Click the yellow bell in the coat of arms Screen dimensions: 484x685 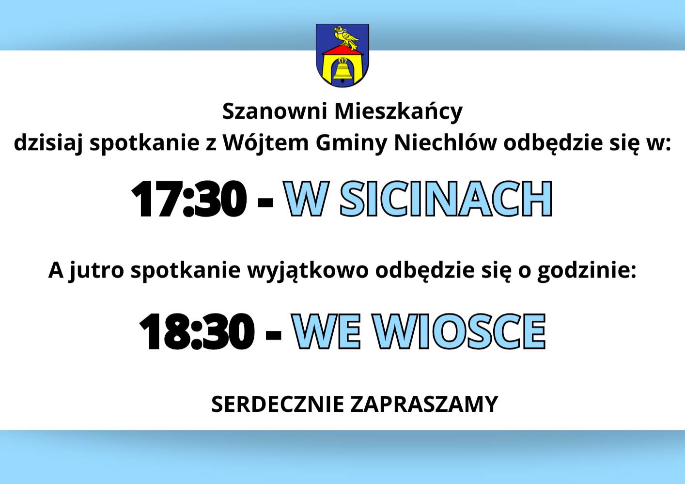342,71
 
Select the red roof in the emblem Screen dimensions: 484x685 342,51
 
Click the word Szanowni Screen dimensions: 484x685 275,111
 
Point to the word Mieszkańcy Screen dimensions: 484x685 398,112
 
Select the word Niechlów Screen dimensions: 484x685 445,142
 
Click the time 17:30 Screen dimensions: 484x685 188,199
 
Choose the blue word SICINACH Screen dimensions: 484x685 446,199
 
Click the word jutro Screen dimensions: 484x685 96,270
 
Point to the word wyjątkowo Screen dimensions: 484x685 308,270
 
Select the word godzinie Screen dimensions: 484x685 586,270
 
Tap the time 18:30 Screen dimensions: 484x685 196,331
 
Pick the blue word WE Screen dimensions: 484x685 327,331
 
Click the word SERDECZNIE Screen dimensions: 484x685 277,404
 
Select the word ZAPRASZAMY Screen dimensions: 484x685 424,404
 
